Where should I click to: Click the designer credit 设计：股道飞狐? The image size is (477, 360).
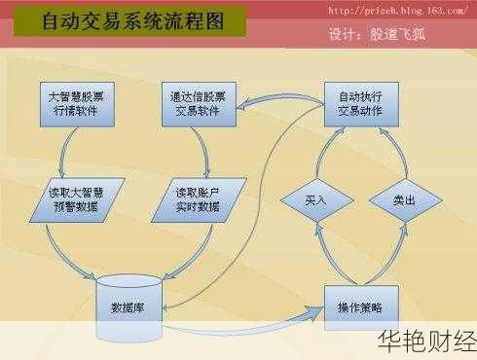click(378, 35)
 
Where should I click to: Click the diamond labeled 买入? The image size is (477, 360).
click(314, 200)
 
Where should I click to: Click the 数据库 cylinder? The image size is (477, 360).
click(128, 307)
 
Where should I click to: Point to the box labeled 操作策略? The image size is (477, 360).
click(359, 307)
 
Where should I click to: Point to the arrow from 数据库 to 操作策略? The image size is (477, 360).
click(243, 313)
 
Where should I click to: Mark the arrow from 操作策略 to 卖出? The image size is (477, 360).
click(397, 255)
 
